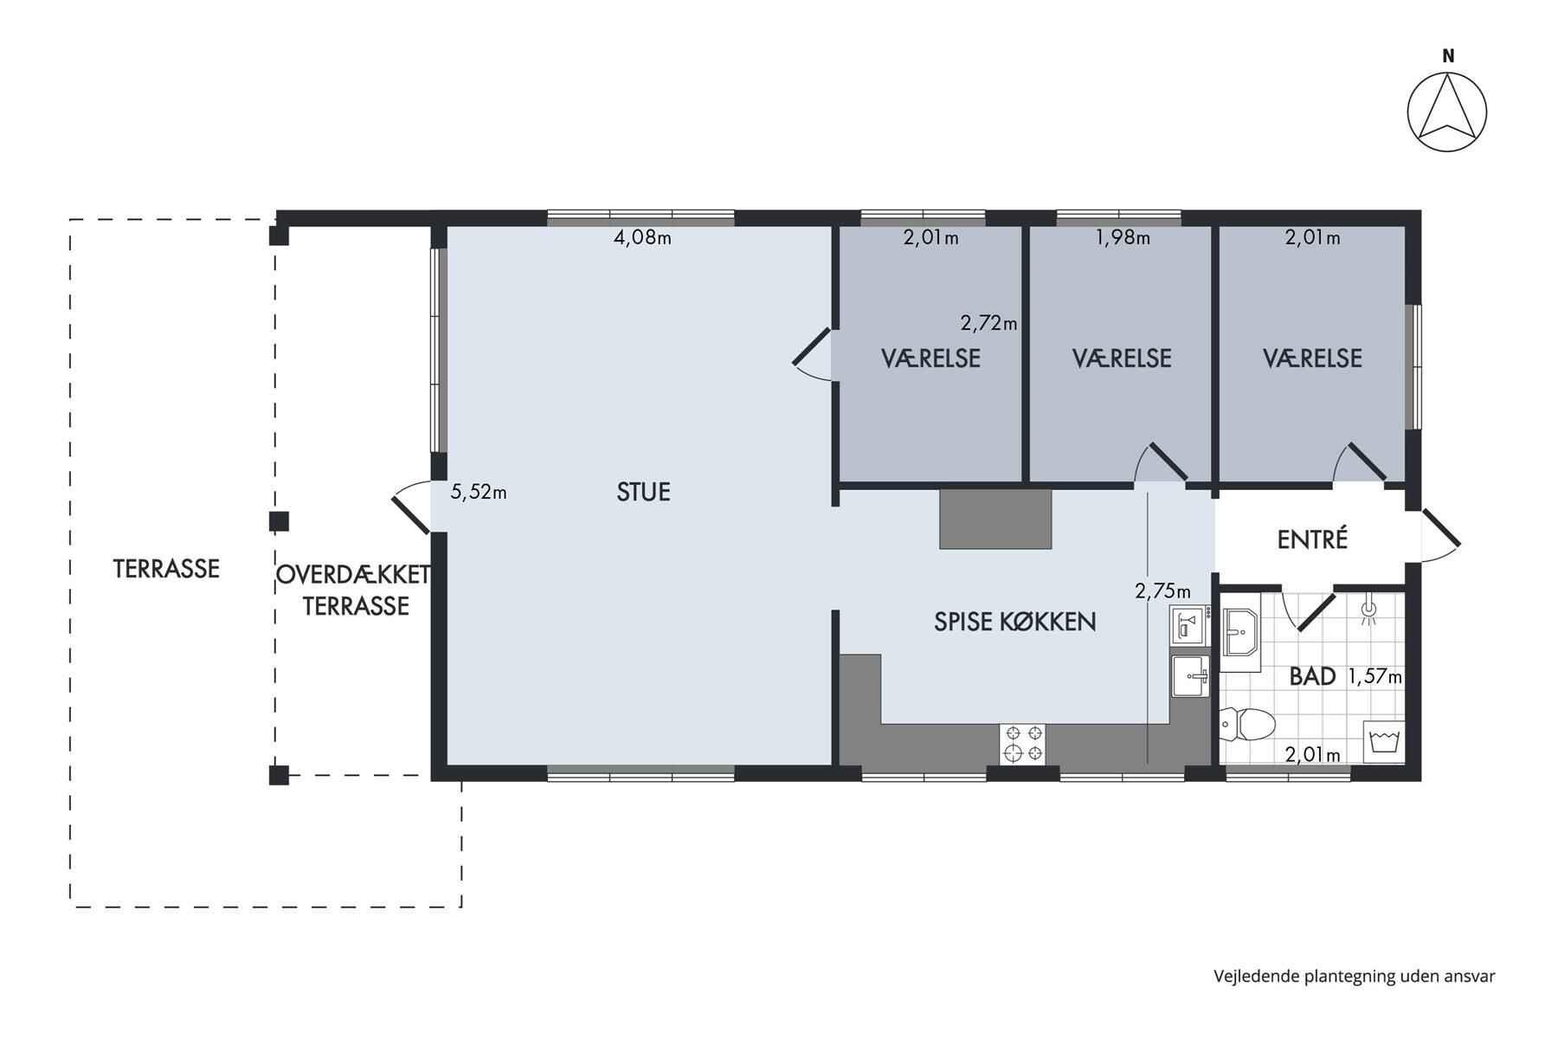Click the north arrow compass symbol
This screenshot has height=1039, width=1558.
coord(1447,113)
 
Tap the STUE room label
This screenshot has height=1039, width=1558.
coord(644,492)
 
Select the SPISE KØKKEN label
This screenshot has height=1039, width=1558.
coord(1015,622)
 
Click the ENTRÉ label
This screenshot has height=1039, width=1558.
coord(1313,539)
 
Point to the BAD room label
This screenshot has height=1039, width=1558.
coord(1312,676)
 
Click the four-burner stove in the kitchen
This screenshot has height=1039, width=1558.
coord(1022,744)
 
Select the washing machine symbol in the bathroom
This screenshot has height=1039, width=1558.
coord(1384,742)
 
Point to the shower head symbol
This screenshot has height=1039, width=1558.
coord(1368,610)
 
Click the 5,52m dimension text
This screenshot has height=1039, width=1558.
coord(479,493)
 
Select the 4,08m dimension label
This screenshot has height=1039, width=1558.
coord(642,237)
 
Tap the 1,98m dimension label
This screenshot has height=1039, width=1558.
coord(1123,237)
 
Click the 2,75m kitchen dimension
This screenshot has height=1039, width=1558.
coord(1162,591)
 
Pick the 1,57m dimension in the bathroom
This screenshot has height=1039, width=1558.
coord(1375,677)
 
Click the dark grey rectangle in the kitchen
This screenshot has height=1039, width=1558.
coord(995,519)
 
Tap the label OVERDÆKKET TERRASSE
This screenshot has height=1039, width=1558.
coord(354,590)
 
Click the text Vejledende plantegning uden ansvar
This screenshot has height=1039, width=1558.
coord(1354,977)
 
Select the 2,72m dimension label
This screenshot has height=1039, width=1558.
coord(988,324)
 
